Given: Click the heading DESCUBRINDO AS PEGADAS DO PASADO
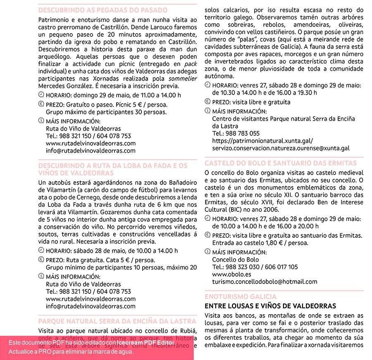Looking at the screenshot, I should click(x=103, y=10).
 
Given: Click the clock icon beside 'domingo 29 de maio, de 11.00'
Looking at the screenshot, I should click(x=41, y=95).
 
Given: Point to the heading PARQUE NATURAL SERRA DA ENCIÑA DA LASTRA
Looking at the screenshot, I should click(x=117, y=321).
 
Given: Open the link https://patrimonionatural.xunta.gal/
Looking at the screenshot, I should click(x=262, y=141).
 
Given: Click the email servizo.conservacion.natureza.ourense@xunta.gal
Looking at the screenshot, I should click(x=281, y=148).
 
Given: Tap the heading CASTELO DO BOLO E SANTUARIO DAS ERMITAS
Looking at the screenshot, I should click(x=280, y=163).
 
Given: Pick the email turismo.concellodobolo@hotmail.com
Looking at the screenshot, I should click(x=265, y=282).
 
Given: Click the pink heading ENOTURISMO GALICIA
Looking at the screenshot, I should click(x=241, y=297).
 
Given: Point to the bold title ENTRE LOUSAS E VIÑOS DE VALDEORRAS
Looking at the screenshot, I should click(x=270, y=306).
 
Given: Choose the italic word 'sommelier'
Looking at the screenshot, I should click(x=183, y=78).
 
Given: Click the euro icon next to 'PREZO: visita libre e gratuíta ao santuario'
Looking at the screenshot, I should click(x=207, y=235).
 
